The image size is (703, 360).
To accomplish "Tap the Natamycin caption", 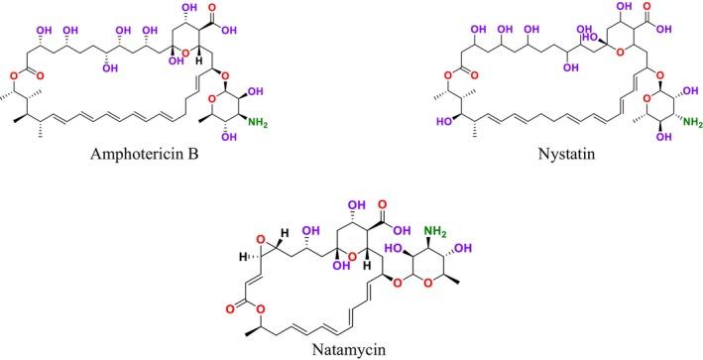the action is pos(354,349).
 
